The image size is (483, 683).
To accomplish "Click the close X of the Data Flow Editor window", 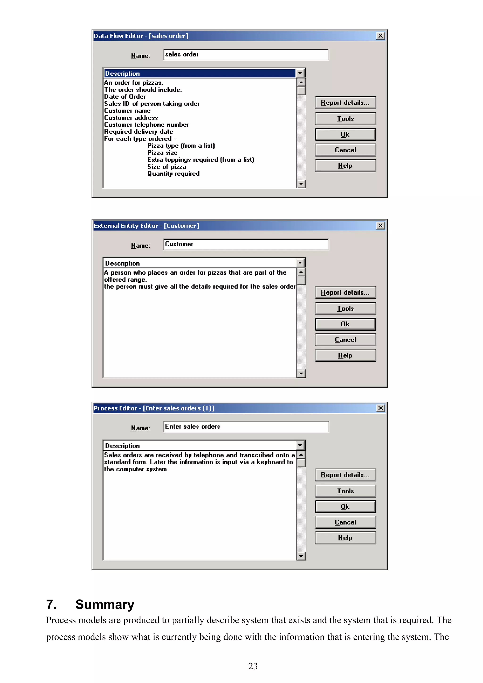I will point(380,36).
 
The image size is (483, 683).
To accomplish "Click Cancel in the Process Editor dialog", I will point(345,522).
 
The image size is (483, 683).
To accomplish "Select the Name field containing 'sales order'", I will point(246,55).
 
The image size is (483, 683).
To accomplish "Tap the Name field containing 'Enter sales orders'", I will point(246,427).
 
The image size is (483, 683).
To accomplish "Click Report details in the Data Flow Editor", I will point(345,103).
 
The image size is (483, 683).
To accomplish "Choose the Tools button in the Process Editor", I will point(345,491).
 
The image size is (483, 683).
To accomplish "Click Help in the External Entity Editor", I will point(345,355).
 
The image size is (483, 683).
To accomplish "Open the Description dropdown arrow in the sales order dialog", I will point(300,73).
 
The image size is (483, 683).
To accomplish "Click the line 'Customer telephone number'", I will point(146,125).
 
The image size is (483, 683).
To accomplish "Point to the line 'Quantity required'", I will point(173,174).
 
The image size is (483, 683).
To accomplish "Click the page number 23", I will point(253,666).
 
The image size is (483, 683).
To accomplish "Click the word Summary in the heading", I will point(105,605).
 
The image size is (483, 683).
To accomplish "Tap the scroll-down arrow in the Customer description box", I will point(301,374).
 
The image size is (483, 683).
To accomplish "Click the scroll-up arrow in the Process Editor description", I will point(301,455).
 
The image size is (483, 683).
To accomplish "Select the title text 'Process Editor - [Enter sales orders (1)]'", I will point(154,408).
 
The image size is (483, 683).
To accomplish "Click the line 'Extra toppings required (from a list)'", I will point(200,160).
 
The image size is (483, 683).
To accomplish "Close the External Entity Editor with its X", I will point(380,226).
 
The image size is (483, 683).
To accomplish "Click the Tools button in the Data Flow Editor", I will point(345,119).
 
